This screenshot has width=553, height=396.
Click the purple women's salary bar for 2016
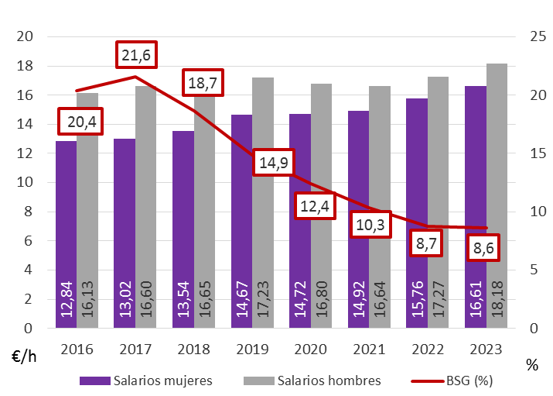66,232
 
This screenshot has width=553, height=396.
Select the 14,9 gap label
275,164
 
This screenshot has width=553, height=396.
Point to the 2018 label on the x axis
193,349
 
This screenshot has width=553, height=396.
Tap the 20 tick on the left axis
25,36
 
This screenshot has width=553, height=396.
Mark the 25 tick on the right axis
537,36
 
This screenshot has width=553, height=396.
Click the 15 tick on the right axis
537,153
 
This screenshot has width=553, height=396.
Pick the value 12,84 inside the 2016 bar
67,298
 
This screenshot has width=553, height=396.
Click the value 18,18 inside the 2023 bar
497,298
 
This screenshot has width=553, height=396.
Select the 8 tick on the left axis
29,212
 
